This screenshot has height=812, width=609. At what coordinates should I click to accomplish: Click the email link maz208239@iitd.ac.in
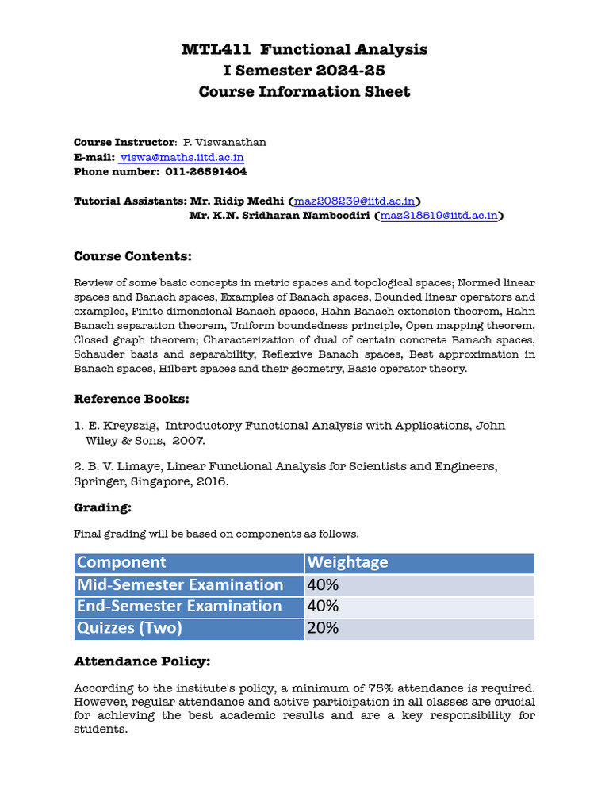(x=354, y=201)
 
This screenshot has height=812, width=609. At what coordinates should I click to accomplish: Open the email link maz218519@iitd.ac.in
(x=439, y=215)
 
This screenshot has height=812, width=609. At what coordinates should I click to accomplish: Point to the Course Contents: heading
(x=132, y=256)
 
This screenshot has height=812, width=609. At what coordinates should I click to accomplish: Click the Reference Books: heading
(x=132, y=399)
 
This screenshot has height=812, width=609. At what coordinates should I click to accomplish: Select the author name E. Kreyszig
(x=123, y=426)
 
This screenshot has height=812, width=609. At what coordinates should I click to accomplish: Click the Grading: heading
(x=102, y=507)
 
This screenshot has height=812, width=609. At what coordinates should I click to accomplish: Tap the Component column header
(x=121, y=562)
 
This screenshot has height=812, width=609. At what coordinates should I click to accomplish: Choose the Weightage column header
(x=347, y=562)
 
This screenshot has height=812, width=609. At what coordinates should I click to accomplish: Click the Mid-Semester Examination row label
(x=179, y=585)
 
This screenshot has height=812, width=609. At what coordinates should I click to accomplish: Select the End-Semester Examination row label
(x=178, y=607)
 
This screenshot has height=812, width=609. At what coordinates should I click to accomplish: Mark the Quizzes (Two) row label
(x=129, y=628)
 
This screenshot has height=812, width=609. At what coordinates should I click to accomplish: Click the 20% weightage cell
(x=323, y=628)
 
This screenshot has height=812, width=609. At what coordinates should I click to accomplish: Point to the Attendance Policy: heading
(x=142, y=661)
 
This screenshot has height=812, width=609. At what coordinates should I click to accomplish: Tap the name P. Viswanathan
(x=224, y=143)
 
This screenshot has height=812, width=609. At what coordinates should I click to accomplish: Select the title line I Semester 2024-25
(x=304, y=71)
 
